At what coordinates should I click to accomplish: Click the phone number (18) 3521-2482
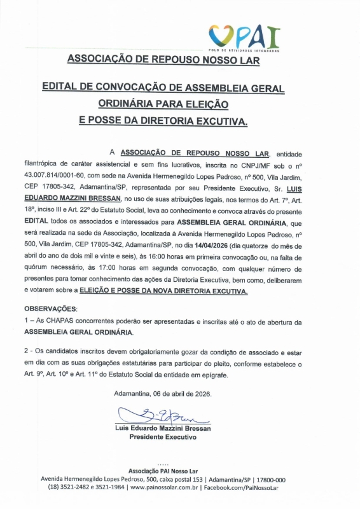(67, 487)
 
